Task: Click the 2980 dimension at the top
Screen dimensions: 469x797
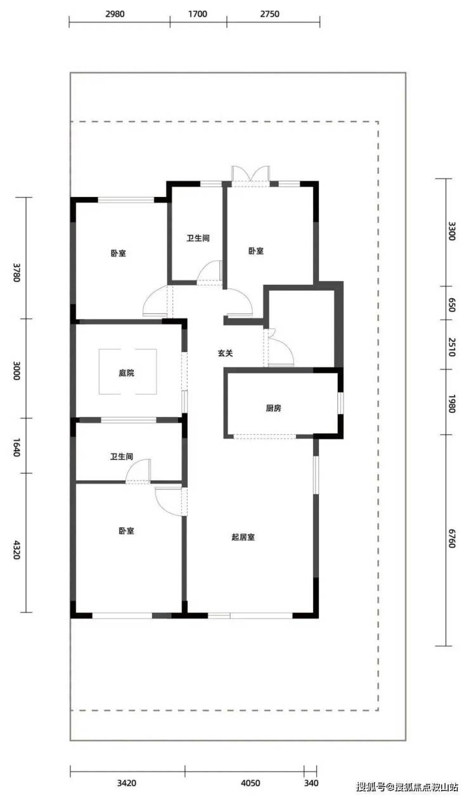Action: click(115, 14)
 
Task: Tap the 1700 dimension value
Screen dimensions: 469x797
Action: click(198, 14)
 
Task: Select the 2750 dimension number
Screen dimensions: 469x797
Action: click(269, 14)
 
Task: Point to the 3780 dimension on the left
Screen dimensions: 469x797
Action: click(16, 272)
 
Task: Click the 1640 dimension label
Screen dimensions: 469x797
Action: click(16, 448)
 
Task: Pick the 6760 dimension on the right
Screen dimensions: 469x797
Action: click(451, 538)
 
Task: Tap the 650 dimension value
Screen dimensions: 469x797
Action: click(451, 305)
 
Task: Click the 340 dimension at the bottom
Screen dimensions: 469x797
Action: click(311, 783)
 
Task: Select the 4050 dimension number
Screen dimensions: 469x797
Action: click(250, 783)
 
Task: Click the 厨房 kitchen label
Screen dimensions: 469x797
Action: click(274, 408)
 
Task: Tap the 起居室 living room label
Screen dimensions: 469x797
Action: click(243, 537)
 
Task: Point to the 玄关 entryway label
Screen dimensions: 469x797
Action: click(226, 353)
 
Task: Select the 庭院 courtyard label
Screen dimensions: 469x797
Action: click(126, 373)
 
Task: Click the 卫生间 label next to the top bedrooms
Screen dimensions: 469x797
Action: click(198, 238)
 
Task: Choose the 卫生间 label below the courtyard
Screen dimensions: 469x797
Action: click(122, 456)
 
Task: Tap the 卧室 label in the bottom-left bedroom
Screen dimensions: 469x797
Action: click(126, 531)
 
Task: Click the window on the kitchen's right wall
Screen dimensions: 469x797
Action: click(340, 403)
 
